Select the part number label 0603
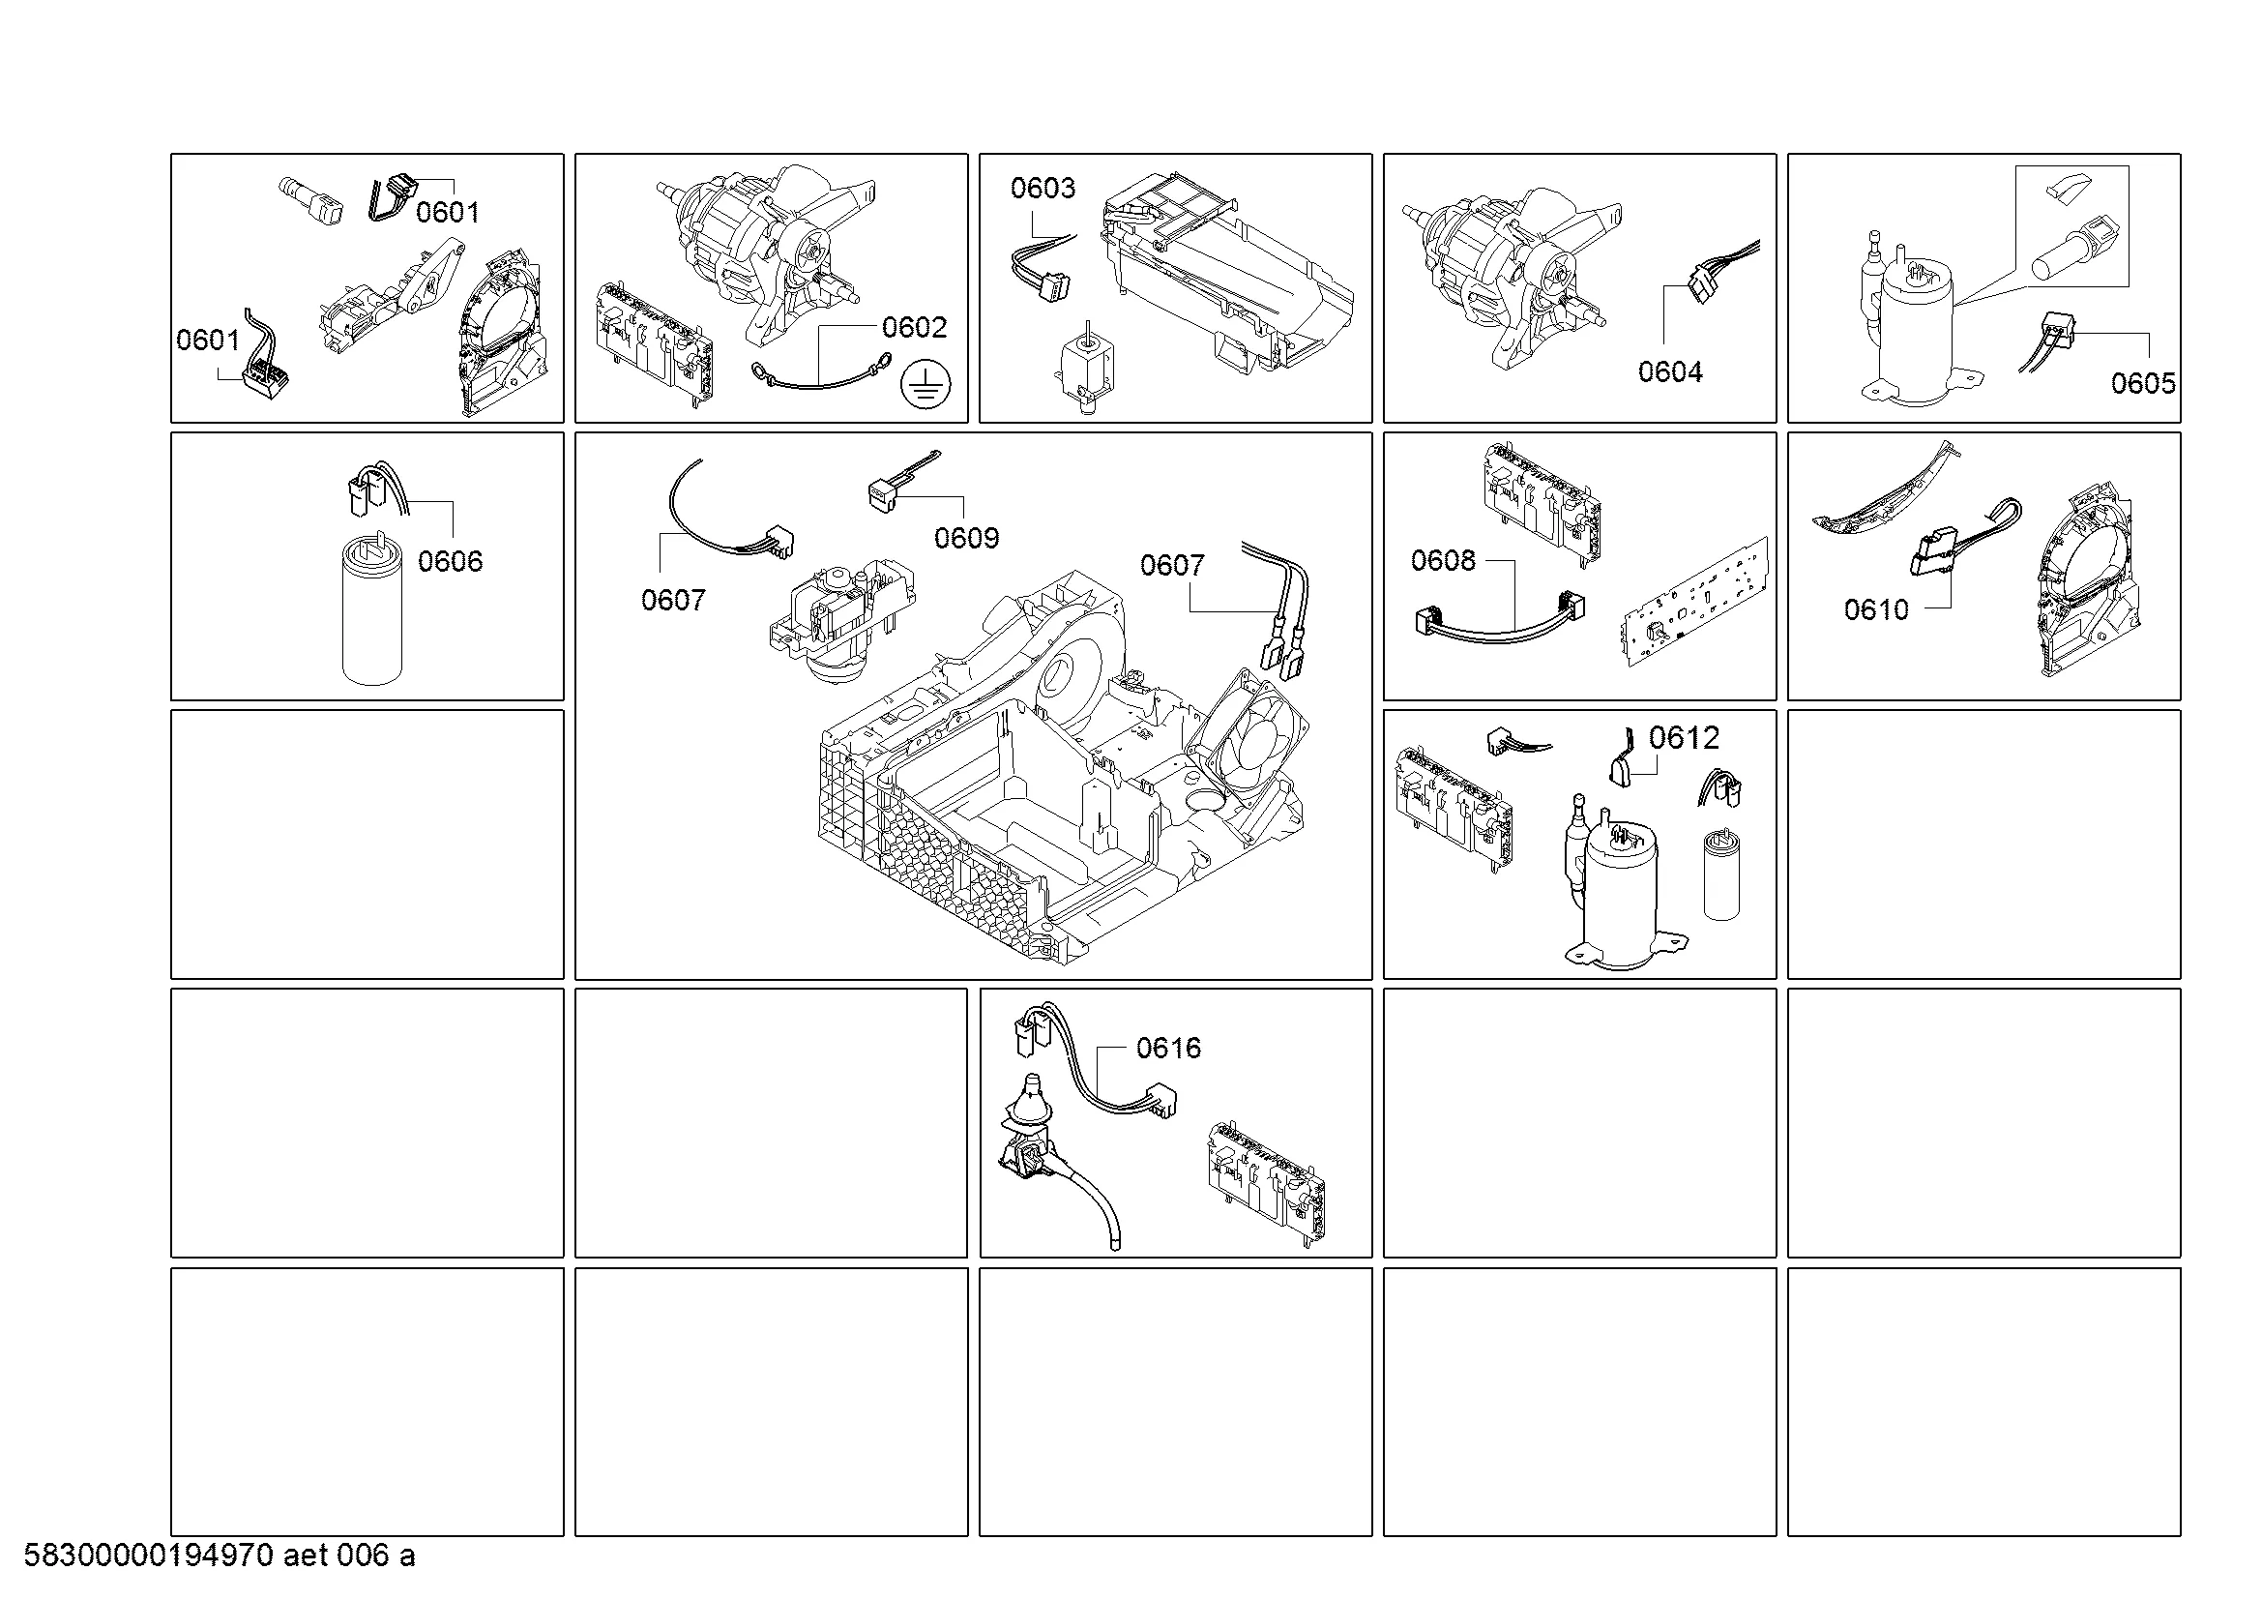click(1043, 189)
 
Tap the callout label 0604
click(1670, 371)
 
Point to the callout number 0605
click(2144, 383)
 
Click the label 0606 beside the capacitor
click(451, 562)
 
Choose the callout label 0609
click(966, 538)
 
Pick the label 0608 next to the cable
click(1443, 561)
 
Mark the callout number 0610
click(1877, 609)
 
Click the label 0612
click(1685, 737)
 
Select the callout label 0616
click(1168, 1048)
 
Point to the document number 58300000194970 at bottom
click(148, 1556)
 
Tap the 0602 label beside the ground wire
click(914, 327)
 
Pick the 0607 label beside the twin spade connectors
click(1172, 566)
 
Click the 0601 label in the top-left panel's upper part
click(448, 213)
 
